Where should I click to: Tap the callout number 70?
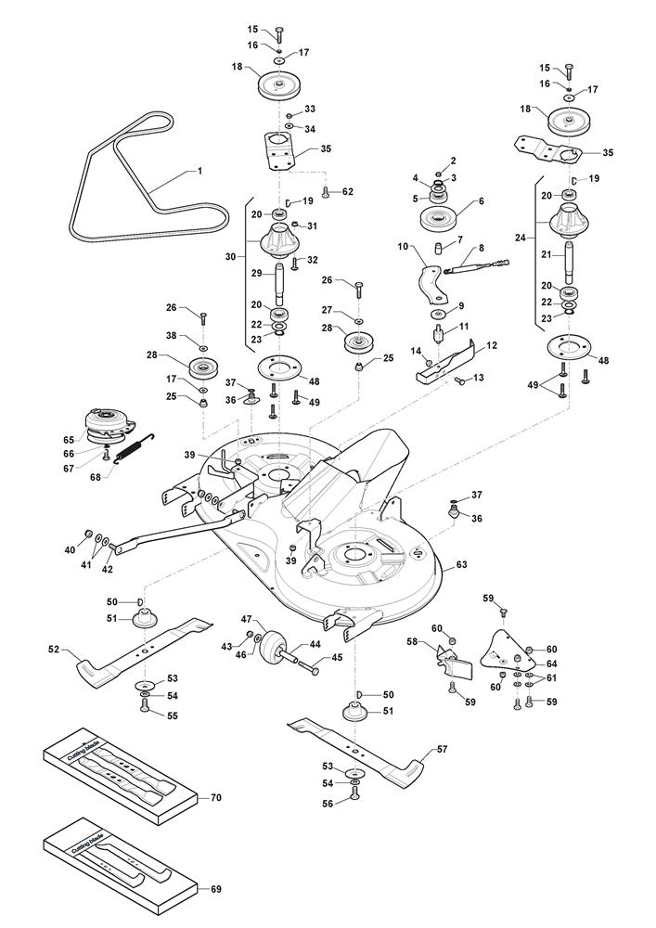pyautogui.click(x=215, y=797)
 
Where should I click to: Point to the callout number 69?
pyautogui.click(x=215, y=890)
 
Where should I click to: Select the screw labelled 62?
pyautogui.click(x=326, y=193)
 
